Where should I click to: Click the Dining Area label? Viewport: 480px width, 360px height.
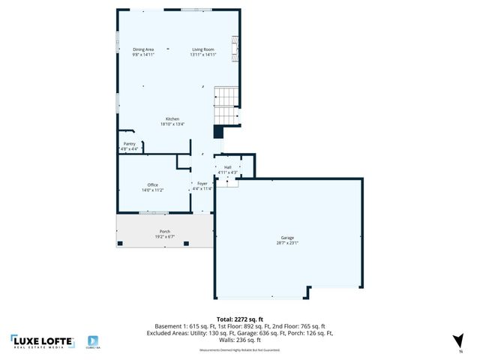click(x=143, y=49)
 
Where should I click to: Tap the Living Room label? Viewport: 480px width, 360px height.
click(x=202, y=49)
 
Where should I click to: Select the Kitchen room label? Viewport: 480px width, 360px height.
click(x=172, y=119)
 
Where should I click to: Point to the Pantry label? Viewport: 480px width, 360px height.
click(x=130, y=144)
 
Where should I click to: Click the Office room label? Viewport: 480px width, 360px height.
click(x=152, y=184)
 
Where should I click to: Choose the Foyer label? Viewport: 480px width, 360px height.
click(x=202, y=183)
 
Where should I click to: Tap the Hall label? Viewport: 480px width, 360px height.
click(x=227, y=167)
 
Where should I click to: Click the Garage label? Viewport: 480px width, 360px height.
click(x=287, y=237)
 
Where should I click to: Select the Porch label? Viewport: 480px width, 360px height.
click(x=164, y=231)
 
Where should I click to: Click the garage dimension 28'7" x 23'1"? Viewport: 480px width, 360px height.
click(x=287, y=243)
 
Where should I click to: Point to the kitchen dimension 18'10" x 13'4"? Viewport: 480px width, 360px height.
click(x=172, y=124)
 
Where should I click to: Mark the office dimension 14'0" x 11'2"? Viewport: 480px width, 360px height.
click(x=152, y=190)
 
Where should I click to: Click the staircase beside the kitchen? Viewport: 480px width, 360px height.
click(x=226, y=105)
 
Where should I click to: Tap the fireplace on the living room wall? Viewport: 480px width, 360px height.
click(x=236, y=50)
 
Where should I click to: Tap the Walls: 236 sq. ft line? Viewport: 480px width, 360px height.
click(x=239, y=340)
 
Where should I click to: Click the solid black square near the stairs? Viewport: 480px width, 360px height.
click(x=218, y=132)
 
